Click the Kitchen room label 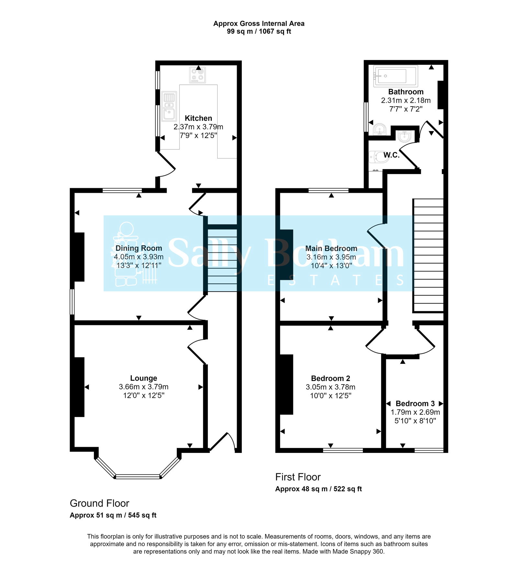198,118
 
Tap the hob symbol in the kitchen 197,75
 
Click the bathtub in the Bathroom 395,76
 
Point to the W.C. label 391,155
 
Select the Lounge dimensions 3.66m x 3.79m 143,387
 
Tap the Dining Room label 139,248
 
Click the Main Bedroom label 331,248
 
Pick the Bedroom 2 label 331,378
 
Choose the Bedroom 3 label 415,404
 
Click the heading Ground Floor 99,503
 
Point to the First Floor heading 298,477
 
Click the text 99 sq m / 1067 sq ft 259,31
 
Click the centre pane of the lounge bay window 138,477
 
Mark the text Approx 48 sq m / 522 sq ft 318,489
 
